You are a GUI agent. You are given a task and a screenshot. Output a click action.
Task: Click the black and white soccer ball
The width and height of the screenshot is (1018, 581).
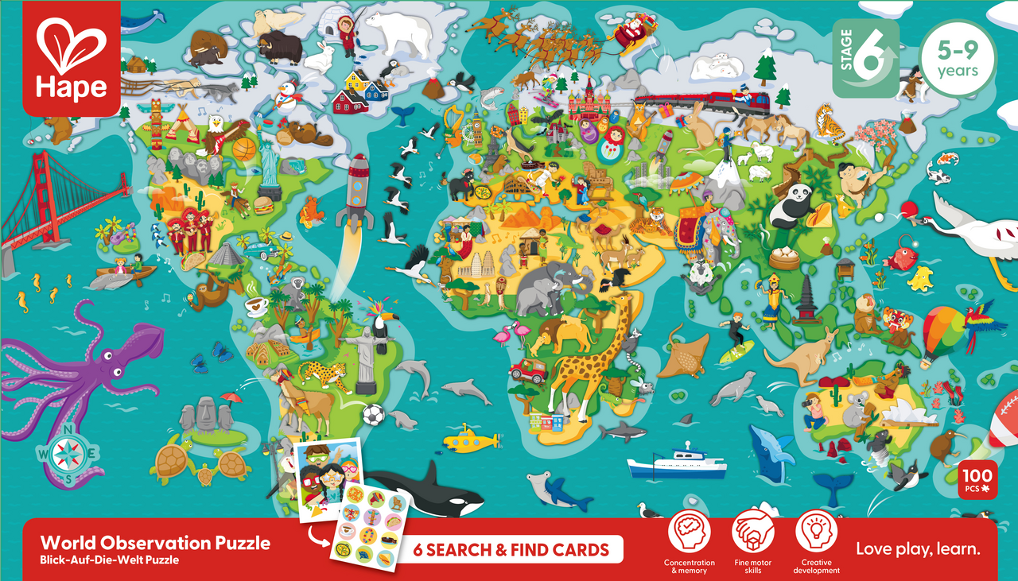[x=373, y=414]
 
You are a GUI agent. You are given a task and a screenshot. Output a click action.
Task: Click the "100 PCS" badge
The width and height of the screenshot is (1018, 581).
[x=975, y=480]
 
